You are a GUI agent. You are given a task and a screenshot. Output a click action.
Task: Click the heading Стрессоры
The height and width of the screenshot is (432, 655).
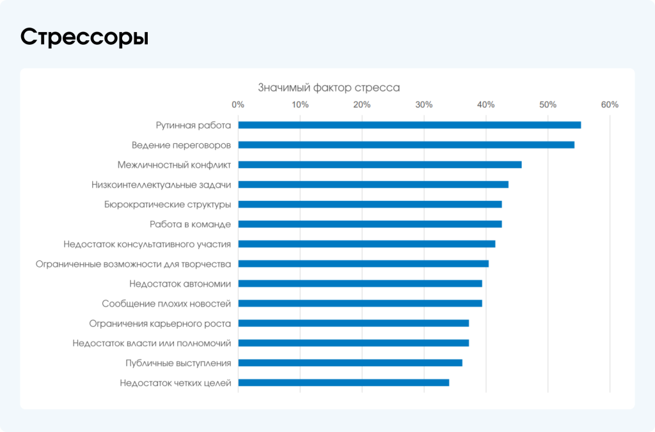[84, 37]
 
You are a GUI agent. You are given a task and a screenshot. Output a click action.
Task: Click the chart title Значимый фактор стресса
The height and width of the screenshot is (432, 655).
[329, 88]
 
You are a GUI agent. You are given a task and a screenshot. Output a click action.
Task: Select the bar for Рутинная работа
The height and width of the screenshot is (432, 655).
[409, 125]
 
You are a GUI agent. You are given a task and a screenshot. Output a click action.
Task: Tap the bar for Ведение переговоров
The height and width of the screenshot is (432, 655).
[406, 145]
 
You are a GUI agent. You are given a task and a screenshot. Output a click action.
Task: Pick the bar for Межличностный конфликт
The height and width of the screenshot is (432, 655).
[380, 164]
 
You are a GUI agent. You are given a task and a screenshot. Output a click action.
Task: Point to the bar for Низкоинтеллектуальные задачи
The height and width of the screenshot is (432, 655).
[373, 184]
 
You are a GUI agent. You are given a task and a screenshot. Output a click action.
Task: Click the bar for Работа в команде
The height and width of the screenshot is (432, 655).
[370, 224]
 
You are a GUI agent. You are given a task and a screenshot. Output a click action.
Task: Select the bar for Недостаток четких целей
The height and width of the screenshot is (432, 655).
[343, 383]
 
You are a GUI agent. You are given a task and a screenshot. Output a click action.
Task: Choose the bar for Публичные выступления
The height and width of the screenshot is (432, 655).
[350, 363]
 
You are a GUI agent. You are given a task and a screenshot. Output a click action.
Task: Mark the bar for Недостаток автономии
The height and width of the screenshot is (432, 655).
[360, 284]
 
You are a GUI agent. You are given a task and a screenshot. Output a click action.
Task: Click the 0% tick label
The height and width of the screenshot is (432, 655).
[238, 105]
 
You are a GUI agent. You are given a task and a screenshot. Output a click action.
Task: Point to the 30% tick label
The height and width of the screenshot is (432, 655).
[424, 105]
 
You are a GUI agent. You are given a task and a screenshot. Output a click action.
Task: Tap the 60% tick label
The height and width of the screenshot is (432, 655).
[610, 105]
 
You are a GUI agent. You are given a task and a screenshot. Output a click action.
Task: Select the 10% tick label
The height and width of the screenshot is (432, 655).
[300, 105]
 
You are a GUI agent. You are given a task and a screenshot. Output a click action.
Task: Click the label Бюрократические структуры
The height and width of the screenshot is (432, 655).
[167, 204]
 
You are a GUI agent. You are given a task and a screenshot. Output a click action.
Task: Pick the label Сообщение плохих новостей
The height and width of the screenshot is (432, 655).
[166, 303]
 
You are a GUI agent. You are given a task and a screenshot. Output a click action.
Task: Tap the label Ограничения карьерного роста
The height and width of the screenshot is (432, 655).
[160, 323]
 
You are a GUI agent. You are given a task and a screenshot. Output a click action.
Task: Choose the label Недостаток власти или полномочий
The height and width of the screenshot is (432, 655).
[152, 343]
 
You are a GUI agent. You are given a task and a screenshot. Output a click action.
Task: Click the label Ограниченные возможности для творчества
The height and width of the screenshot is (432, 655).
[133, 264]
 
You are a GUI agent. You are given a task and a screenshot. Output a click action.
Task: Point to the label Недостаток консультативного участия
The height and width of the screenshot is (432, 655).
[147, 244]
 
